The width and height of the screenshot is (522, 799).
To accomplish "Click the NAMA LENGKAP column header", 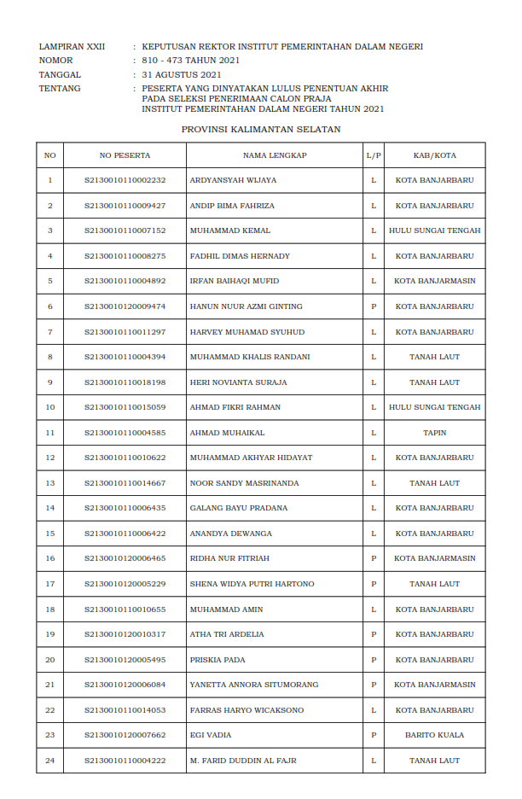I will pos(275,155).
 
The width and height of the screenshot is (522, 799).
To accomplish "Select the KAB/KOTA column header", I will pos(434,155).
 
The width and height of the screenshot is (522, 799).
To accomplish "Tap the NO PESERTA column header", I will pos(125,155).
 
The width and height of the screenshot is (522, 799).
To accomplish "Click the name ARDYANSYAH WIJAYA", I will pos(233,181).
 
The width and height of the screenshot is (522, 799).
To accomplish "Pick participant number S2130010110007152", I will pos(125,231).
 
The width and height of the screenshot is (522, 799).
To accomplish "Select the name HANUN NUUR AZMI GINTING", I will pos(246,306).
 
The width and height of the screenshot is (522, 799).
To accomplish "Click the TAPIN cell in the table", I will pos(434,433).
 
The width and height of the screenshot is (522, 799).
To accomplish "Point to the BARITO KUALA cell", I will pos(434,735).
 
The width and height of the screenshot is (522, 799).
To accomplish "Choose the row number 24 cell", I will pos(49,761).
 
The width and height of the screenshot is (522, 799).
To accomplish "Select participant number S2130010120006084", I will pos(125,685).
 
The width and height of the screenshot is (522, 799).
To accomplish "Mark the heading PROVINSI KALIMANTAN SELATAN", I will pos(261,130).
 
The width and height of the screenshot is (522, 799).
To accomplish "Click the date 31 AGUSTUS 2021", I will pos(182,74).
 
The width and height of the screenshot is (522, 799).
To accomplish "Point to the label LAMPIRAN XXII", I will pos(72,47).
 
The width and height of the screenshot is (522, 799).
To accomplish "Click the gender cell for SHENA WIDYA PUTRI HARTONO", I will pos(374,584).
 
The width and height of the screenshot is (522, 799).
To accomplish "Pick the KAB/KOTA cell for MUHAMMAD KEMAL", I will pos(434,231).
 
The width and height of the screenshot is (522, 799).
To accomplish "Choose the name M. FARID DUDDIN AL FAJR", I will pos(243,761).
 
